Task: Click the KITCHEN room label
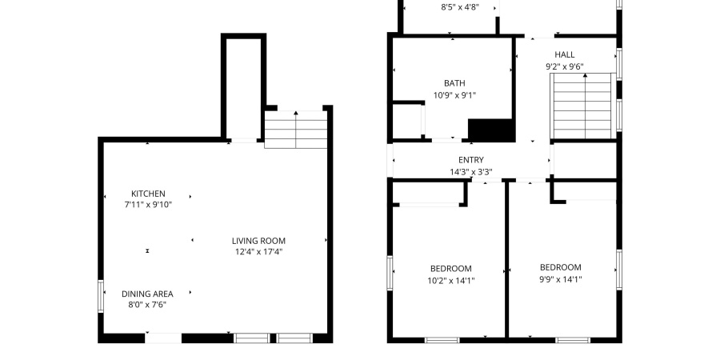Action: tap(148, 194)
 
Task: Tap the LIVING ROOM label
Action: tap(258, 241)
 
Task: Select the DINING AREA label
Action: tap(147, 294)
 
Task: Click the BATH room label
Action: tap(454, 83)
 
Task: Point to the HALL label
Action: tap(564, 55)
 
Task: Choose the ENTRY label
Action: tap(470, 160)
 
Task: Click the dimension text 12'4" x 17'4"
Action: tap(258, 252)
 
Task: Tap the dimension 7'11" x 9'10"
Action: tap(148, 205)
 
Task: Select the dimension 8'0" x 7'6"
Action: tap(147, 305)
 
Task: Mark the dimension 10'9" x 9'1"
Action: tap(454, 94)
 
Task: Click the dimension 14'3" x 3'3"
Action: tap(470, 171)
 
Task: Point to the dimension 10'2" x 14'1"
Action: tap(450, 280)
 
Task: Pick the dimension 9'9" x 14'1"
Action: tap(560, 279)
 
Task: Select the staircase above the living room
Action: tap(296, 130)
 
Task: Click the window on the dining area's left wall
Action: tap(102, 295)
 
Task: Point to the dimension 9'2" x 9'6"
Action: tap(564, 67)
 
